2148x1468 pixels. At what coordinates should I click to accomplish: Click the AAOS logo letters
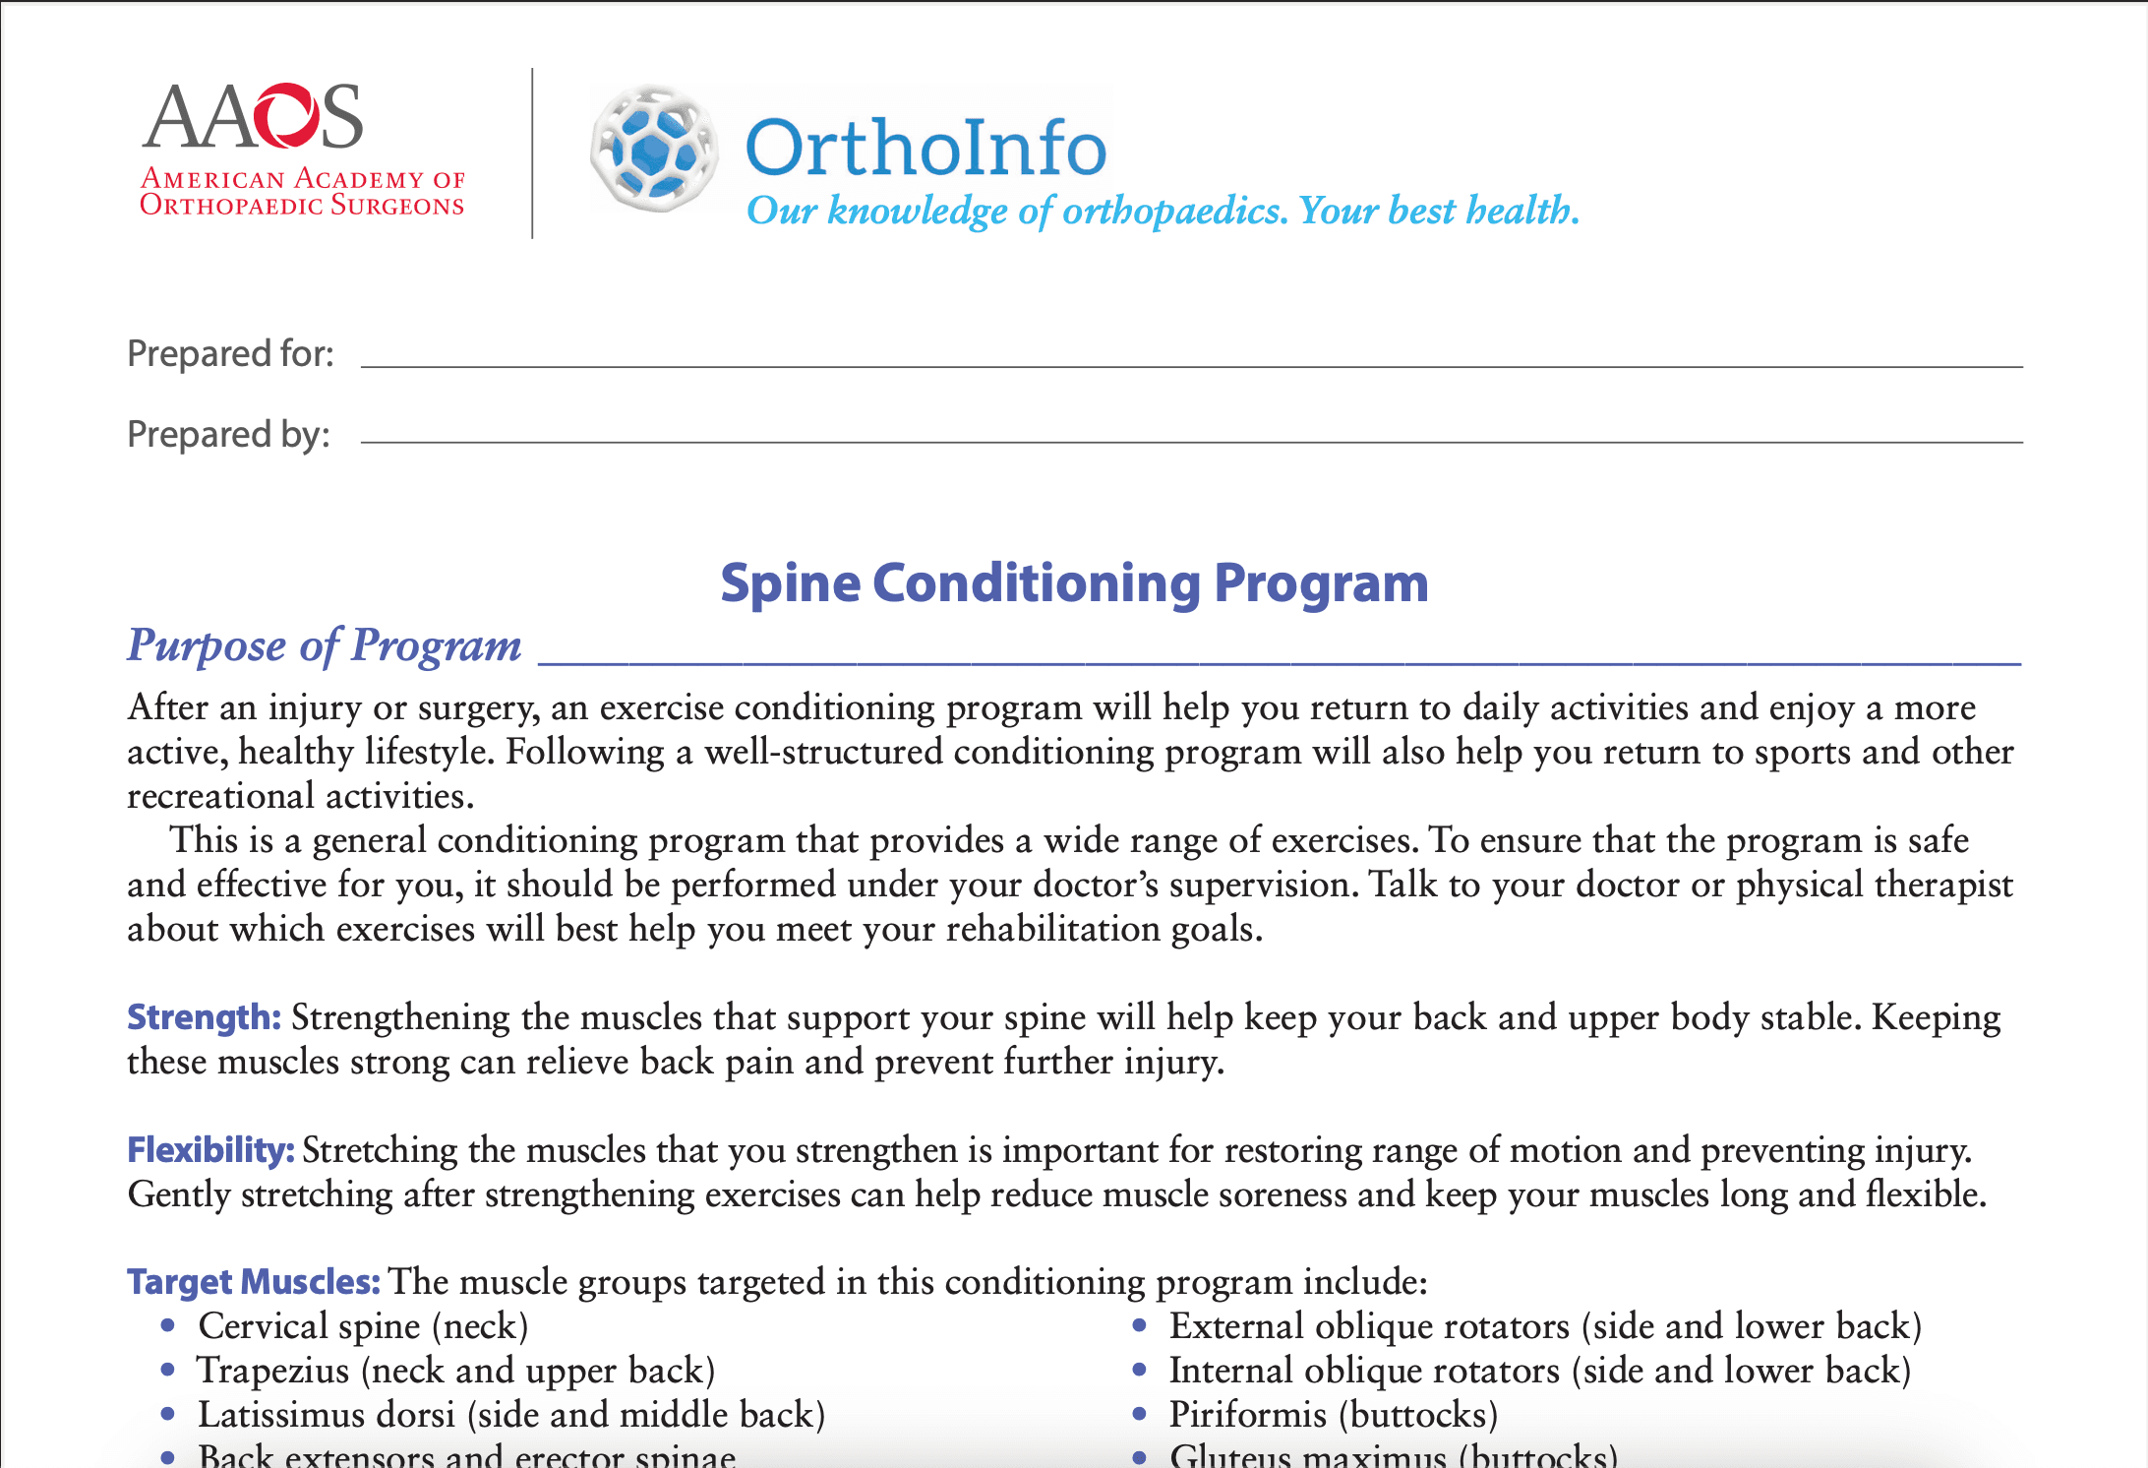point(254,117)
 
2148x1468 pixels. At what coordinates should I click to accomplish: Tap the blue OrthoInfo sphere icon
point(653,149)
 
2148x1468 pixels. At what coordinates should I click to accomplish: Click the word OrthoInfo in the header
point(925,149)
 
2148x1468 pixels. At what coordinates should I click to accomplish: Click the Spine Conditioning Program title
point(1074,583)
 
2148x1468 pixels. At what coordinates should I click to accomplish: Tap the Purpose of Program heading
point(324,645)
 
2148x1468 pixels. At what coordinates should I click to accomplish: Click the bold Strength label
point(204,1017)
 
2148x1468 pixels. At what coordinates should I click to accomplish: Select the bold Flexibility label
point(210,1149)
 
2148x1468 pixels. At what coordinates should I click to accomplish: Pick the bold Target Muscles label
point(253,1282)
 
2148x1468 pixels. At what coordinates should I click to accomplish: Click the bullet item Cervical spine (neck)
point(363,1326)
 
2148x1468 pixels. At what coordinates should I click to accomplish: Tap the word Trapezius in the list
point(273,1371)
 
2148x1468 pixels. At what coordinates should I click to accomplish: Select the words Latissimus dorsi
point(327,1415)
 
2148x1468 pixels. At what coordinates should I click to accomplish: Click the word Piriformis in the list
point(1247,1415)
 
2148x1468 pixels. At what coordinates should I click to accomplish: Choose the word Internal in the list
point(1230,1371)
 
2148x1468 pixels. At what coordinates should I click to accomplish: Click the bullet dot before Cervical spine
point(168,1326)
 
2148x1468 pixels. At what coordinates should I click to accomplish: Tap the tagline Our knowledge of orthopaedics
point(1017,211)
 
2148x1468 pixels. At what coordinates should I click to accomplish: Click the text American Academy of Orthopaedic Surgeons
point(302,192)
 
